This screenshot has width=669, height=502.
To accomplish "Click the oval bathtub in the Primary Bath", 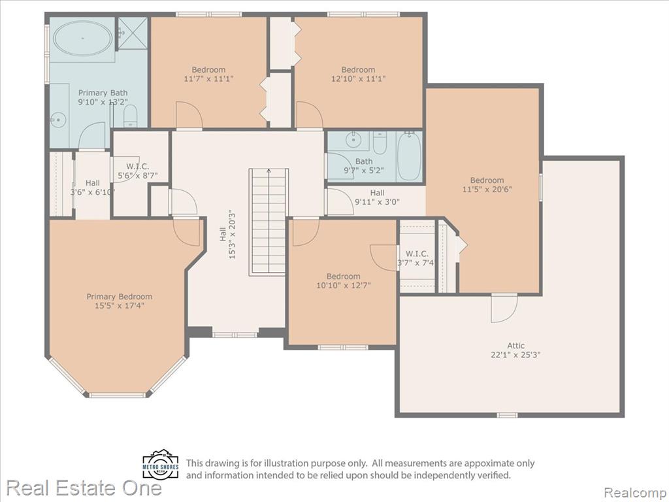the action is pyautogui.click(x=83, y=38).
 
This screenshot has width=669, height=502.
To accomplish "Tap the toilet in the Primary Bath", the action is pyautogui.click(x=131, y=116).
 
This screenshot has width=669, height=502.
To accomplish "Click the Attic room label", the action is pyautogui.click(x=516, y=350).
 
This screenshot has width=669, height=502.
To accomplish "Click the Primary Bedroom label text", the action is pyautogui.click(x=120, y=297).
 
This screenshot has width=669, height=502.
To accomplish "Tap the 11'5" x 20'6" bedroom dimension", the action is pyautogui.click(x=487, y=189).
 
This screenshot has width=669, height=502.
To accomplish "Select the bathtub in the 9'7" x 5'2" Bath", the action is pyautogui.click(x=409, y=156).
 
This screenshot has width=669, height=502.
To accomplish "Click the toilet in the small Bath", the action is pyautogui.click(x=380, y=142).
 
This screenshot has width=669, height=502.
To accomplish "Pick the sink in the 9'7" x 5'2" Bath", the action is pyautogui.click(x=353, y=140).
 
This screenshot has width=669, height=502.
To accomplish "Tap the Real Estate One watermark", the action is pyautogui.click(x=84, y=488).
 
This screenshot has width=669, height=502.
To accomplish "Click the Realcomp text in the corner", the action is pyautogui.click(x=634, y=492).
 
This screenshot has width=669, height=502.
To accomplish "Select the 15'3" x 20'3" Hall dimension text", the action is pyautogui.click(x=233, y=234).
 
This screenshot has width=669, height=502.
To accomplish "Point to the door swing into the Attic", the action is pyautogui.click(x=504, y=309).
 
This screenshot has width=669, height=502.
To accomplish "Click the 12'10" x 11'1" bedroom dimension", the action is pyautogui.click(x=359, y=78).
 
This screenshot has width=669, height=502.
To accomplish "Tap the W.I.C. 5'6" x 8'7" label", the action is pyautogui.click(x=137, y=171).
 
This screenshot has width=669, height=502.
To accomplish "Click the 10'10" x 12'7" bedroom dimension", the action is pyautogui.click(x=344, y=285).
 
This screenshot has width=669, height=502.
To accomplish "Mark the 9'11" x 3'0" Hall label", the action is pyautogui.click(x=377, y=197).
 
